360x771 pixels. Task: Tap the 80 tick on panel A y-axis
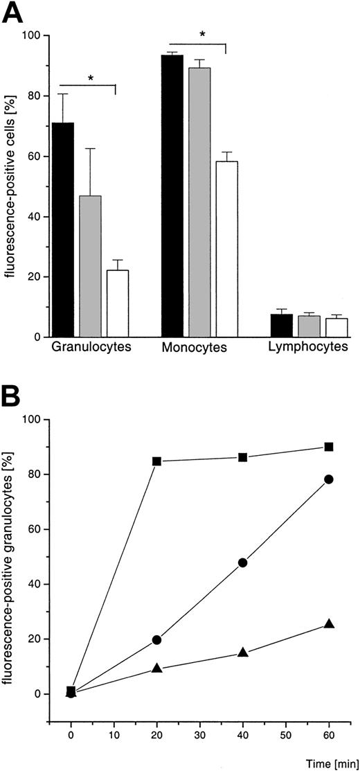click(33, 96)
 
